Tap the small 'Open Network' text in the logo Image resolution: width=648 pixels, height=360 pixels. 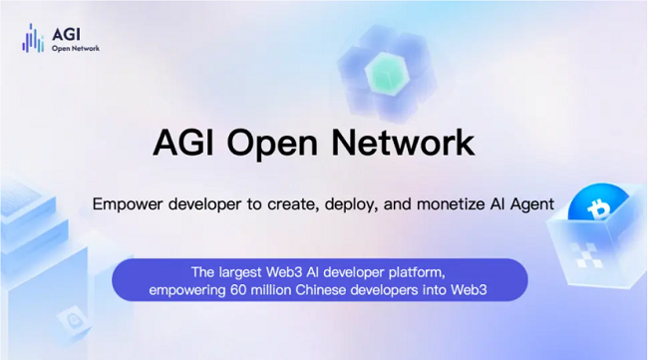[76, 47]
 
